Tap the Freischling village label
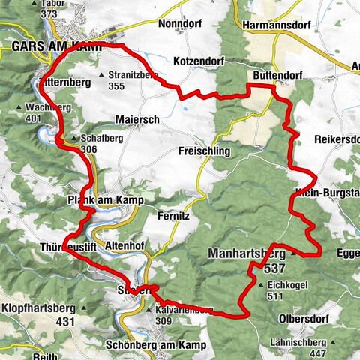point(203,151)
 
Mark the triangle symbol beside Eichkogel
point(260,286)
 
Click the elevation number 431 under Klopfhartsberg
point(66,321)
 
